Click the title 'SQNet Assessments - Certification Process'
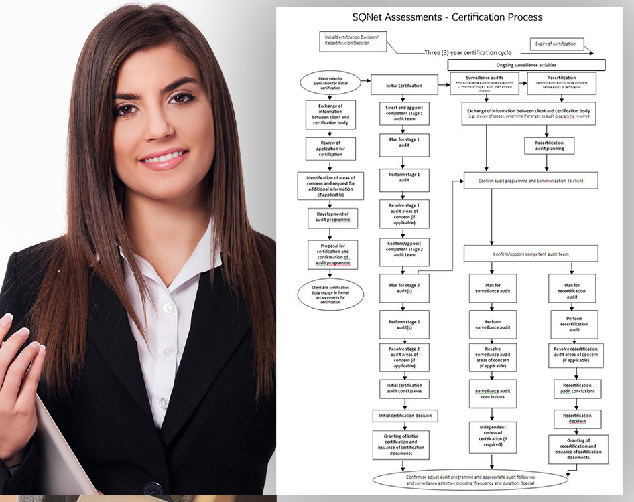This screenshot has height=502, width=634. (447, 17)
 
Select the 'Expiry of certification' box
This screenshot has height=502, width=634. (556, 44)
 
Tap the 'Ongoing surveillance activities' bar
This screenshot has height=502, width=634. (527, 66)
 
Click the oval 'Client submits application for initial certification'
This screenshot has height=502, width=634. (330, 84)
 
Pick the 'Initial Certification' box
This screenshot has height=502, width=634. (404, 86)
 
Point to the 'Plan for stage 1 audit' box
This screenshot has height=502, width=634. (404, 143)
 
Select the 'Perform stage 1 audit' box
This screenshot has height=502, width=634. (404, 177)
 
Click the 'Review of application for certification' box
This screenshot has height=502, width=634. (330, 149)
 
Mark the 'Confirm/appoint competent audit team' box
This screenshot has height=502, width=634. (530, 254)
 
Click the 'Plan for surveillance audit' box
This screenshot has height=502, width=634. (493, 288)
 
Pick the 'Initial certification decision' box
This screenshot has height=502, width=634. (405, 416)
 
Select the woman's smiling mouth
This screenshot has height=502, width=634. (162, 159)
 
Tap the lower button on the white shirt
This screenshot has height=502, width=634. (164, 403)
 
